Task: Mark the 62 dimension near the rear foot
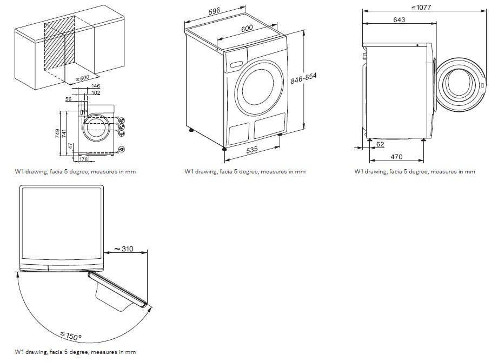tap(380, 144)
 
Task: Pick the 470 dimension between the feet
tap(396, 157)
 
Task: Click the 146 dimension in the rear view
tap(95, 86)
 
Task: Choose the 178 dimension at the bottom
tap(83, 159)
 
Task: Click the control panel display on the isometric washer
tap(236, 64)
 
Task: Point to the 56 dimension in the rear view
tap(69, 99)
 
